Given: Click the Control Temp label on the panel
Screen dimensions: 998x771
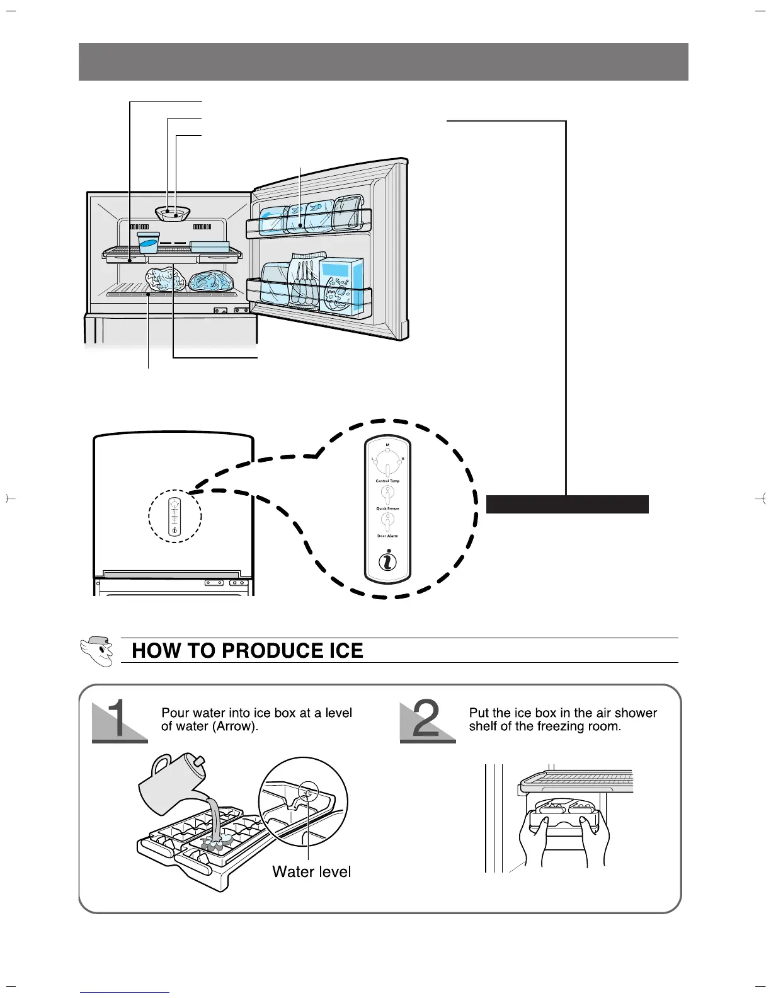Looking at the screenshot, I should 387,481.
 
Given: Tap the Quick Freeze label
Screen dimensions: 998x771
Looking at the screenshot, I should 387,508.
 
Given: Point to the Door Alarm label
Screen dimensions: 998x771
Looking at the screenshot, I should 387,536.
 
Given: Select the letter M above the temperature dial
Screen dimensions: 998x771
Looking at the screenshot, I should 387,445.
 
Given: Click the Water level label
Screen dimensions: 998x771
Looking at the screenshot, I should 311,871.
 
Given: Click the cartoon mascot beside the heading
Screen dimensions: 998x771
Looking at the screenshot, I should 98,650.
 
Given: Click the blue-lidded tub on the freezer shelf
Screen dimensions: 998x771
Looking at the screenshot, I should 149,243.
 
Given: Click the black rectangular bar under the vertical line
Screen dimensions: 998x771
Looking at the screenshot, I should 567,504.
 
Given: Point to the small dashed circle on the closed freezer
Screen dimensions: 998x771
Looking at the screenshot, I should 175,516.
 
